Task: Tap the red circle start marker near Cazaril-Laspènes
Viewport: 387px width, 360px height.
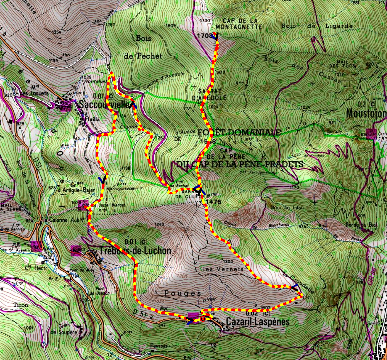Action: point(202,319)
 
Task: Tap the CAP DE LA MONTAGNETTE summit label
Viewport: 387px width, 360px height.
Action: point(242,24)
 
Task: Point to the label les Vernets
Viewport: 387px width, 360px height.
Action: point(217,269)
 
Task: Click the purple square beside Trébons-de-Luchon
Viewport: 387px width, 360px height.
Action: point(76,250)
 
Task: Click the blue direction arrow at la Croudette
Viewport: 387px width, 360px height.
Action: point(295,288)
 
